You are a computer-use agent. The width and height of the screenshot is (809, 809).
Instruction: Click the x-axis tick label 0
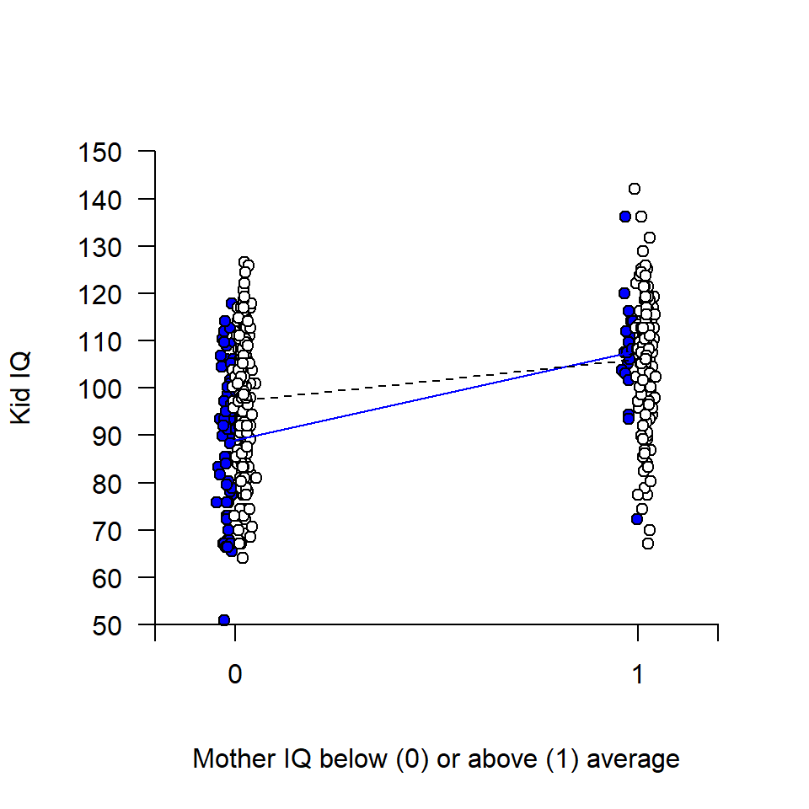[235, 675]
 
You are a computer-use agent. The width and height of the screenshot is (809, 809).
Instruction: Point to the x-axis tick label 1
[638, 675]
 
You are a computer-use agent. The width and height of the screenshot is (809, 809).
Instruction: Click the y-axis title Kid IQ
[23, 388]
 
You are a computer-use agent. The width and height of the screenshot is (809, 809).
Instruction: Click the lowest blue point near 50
[224, 620]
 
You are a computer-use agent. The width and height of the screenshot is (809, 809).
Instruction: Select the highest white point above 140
[635, 189]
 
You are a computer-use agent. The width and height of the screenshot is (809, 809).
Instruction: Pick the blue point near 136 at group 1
[625, 217]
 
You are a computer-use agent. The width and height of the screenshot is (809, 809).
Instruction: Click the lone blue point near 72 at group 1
[637, 519]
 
